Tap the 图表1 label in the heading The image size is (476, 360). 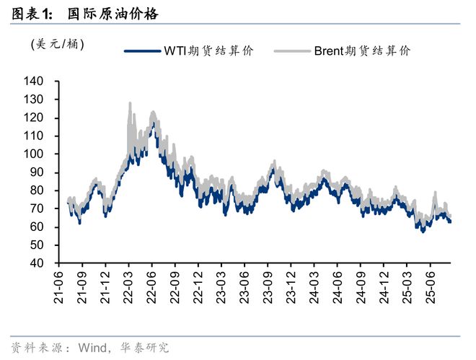[x=33, y=14]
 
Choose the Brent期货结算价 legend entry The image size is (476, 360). [x=362, y=51]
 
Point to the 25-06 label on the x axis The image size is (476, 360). [x=431, y=286]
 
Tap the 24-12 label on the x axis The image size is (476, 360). [x=384, y=286]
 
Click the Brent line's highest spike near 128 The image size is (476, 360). [x=130, y=103]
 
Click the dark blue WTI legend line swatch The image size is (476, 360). [x=142, y=51]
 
